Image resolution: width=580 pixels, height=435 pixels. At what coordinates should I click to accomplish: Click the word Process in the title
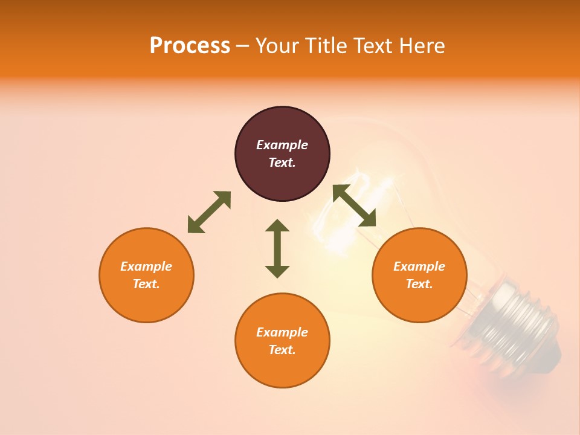190,46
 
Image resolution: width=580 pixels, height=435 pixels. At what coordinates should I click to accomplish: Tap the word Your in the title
277,46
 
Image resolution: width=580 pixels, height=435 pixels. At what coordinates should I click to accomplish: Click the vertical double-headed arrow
277,249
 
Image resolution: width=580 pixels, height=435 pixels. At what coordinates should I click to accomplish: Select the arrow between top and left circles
209,212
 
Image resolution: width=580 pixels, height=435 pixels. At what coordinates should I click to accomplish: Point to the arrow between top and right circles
355,205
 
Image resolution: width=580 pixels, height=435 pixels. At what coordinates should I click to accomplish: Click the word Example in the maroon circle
282,145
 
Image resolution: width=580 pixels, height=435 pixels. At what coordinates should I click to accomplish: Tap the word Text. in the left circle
146,284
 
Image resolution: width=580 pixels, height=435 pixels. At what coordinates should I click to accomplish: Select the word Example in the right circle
419,266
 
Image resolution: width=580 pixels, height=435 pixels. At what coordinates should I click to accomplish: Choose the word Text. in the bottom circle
282,350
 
